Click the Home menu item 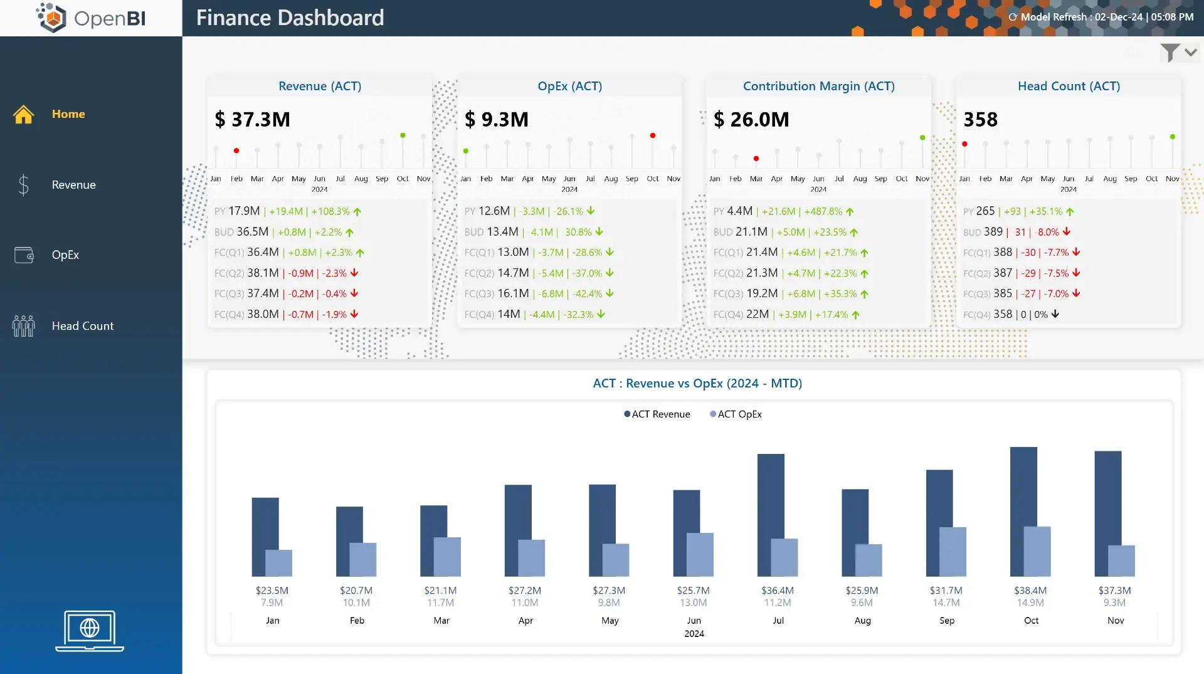[68, 114]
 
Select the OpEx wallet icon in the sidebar [24, 255]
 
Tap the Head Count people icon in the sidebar [24, 326]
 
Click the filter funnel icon [1170, 53]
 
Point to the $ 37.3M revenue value [253, 119]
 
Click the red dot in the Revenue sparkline [236, 150]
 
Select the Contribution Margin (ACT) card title [818, 86]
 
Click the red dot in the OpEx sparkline [653, 135]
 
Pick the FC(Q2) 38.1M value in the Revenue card [263, 273]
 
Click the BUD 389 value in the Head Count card [993, 232]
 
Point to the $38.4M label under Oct [1030, 591]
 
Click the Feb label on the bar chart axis [357, 621]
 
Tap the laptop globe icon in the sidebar [90, 629]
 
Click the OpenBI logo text [110, 18]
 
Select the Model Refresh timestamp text [1106, 17]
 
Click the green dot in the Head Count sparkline [1173, 137]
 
